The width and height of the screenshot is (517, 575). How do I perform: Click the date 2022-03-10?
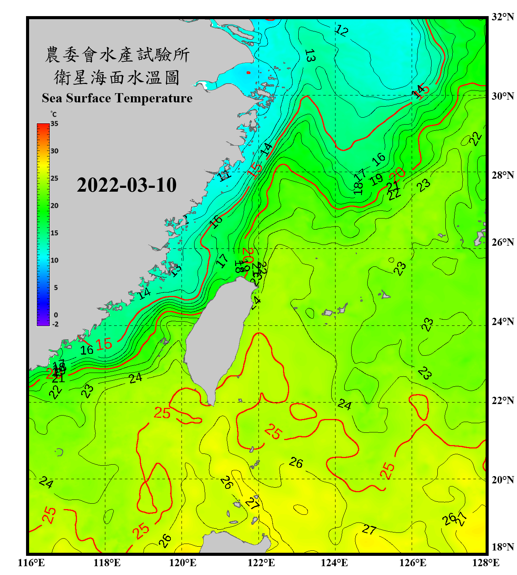tap(126, 185)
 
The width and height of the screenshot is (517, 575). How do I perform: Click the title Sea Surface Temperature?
tap(117, 98)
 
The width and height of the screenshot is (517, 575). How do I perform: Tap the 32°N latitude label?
tap(502, 17)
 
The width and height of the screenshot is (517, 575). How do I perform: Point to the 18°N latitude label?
tap(502, 547)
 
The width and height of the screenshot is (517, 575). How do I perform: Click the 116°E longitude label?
tap(31, 563)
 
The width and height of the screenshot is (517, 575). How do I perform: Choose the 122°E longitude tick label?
tap(261, 563)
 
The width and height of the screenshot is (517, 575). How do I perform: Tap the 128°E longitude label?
tap(486, 563)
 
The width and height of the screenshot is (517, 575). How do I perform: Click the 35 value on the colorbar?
tap(54, 124)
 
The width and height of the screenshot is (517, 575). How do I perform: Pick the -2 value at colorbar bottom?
tap(55, 324)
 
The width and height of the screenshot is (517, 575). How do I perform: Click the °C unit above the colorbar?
tap(53, 114)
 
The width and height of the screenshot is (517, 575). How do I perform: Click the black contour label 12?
tap(342, 30)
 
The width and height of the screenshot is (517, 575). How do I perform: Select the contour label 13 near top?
tap(310, 56)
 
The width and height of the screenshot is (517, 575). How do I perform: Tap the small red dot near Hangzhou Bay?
tap(249, 72)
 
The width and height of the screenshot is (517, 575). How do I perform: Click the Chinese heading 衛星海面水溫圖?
tap(117, 77)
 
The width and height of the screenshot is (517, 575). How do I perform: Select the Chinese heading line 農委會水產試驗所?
tap(117, 55)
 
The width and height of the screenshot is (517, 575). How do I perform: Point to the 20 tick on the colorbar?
tap(54, 206)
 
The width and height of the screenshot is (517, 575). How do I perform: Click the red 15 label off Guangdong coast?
tap(104, 344)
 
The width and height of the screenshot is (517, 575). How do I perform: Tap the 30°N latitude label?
tap(502, 96)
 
